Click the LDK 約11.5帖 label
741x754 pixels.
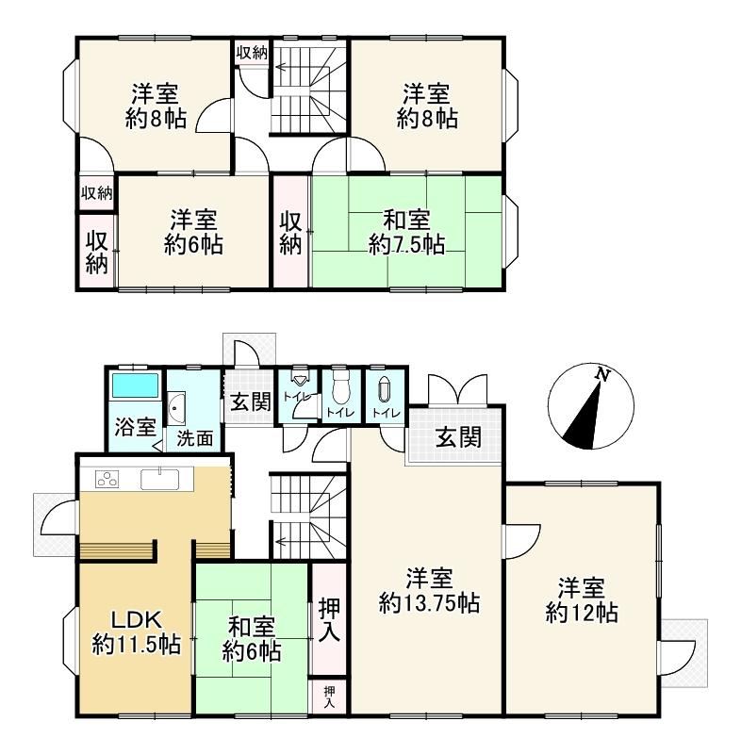click(136, 631)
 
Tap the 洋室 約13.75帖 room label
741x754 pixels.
click(429, 591)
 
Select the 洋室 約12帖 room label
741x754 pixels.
click(582, 601)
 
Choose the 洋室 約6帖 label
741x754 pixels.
click(193, 232)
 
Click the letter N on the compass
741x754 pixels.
click(601, 374)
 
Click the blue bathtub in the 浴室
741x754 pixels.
click(135, 385)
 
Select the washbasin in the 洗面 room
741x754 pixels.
click(177, 408)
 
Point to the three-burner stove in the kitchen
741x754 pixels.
click(107, 479)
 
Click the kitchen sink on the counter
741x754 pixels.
click(159, 479)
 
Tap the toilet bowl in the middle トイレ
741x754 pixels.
click(340, 389)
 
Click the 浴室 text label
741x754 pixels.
click(135, 427)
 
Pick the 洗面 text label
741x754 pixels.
click(194, 438)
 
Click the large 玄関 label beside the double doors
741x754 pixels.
click(458, 437)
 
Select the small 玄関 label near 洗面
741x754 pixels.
click(251, 402)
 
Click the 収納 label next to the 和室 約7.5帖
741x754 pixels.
click(291, 233)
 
